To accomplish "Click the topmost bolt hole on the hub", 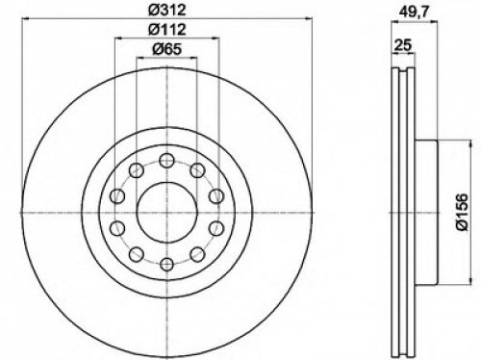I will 165,159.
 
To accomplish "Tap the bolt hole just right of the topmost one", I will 196,169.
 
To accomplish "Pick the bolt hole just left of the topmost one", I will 135,169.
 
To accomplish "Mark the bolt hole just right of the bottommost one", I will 196,255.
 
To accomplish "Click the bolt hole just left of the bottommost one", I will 135,255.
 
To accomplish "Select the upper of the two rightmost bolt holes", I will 215,196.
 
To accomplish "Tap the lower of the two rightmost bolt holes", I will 215,229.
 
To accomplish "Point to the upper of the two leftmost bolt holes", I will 115,196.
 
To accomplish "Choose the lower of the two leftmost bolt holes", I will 115,229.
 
